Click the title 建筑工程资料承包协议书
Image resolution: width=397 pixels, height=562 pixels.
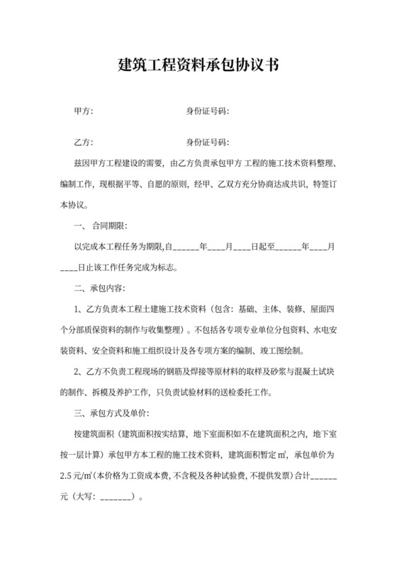(198, 67)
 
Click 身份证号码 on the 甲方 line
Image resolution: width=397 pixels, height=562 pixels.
(206, 111)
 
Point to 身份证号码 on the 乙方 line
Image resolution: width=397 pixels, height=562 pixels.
(206, 142)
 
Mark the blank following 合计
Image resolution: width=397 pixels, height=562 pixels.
(324, 476)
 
